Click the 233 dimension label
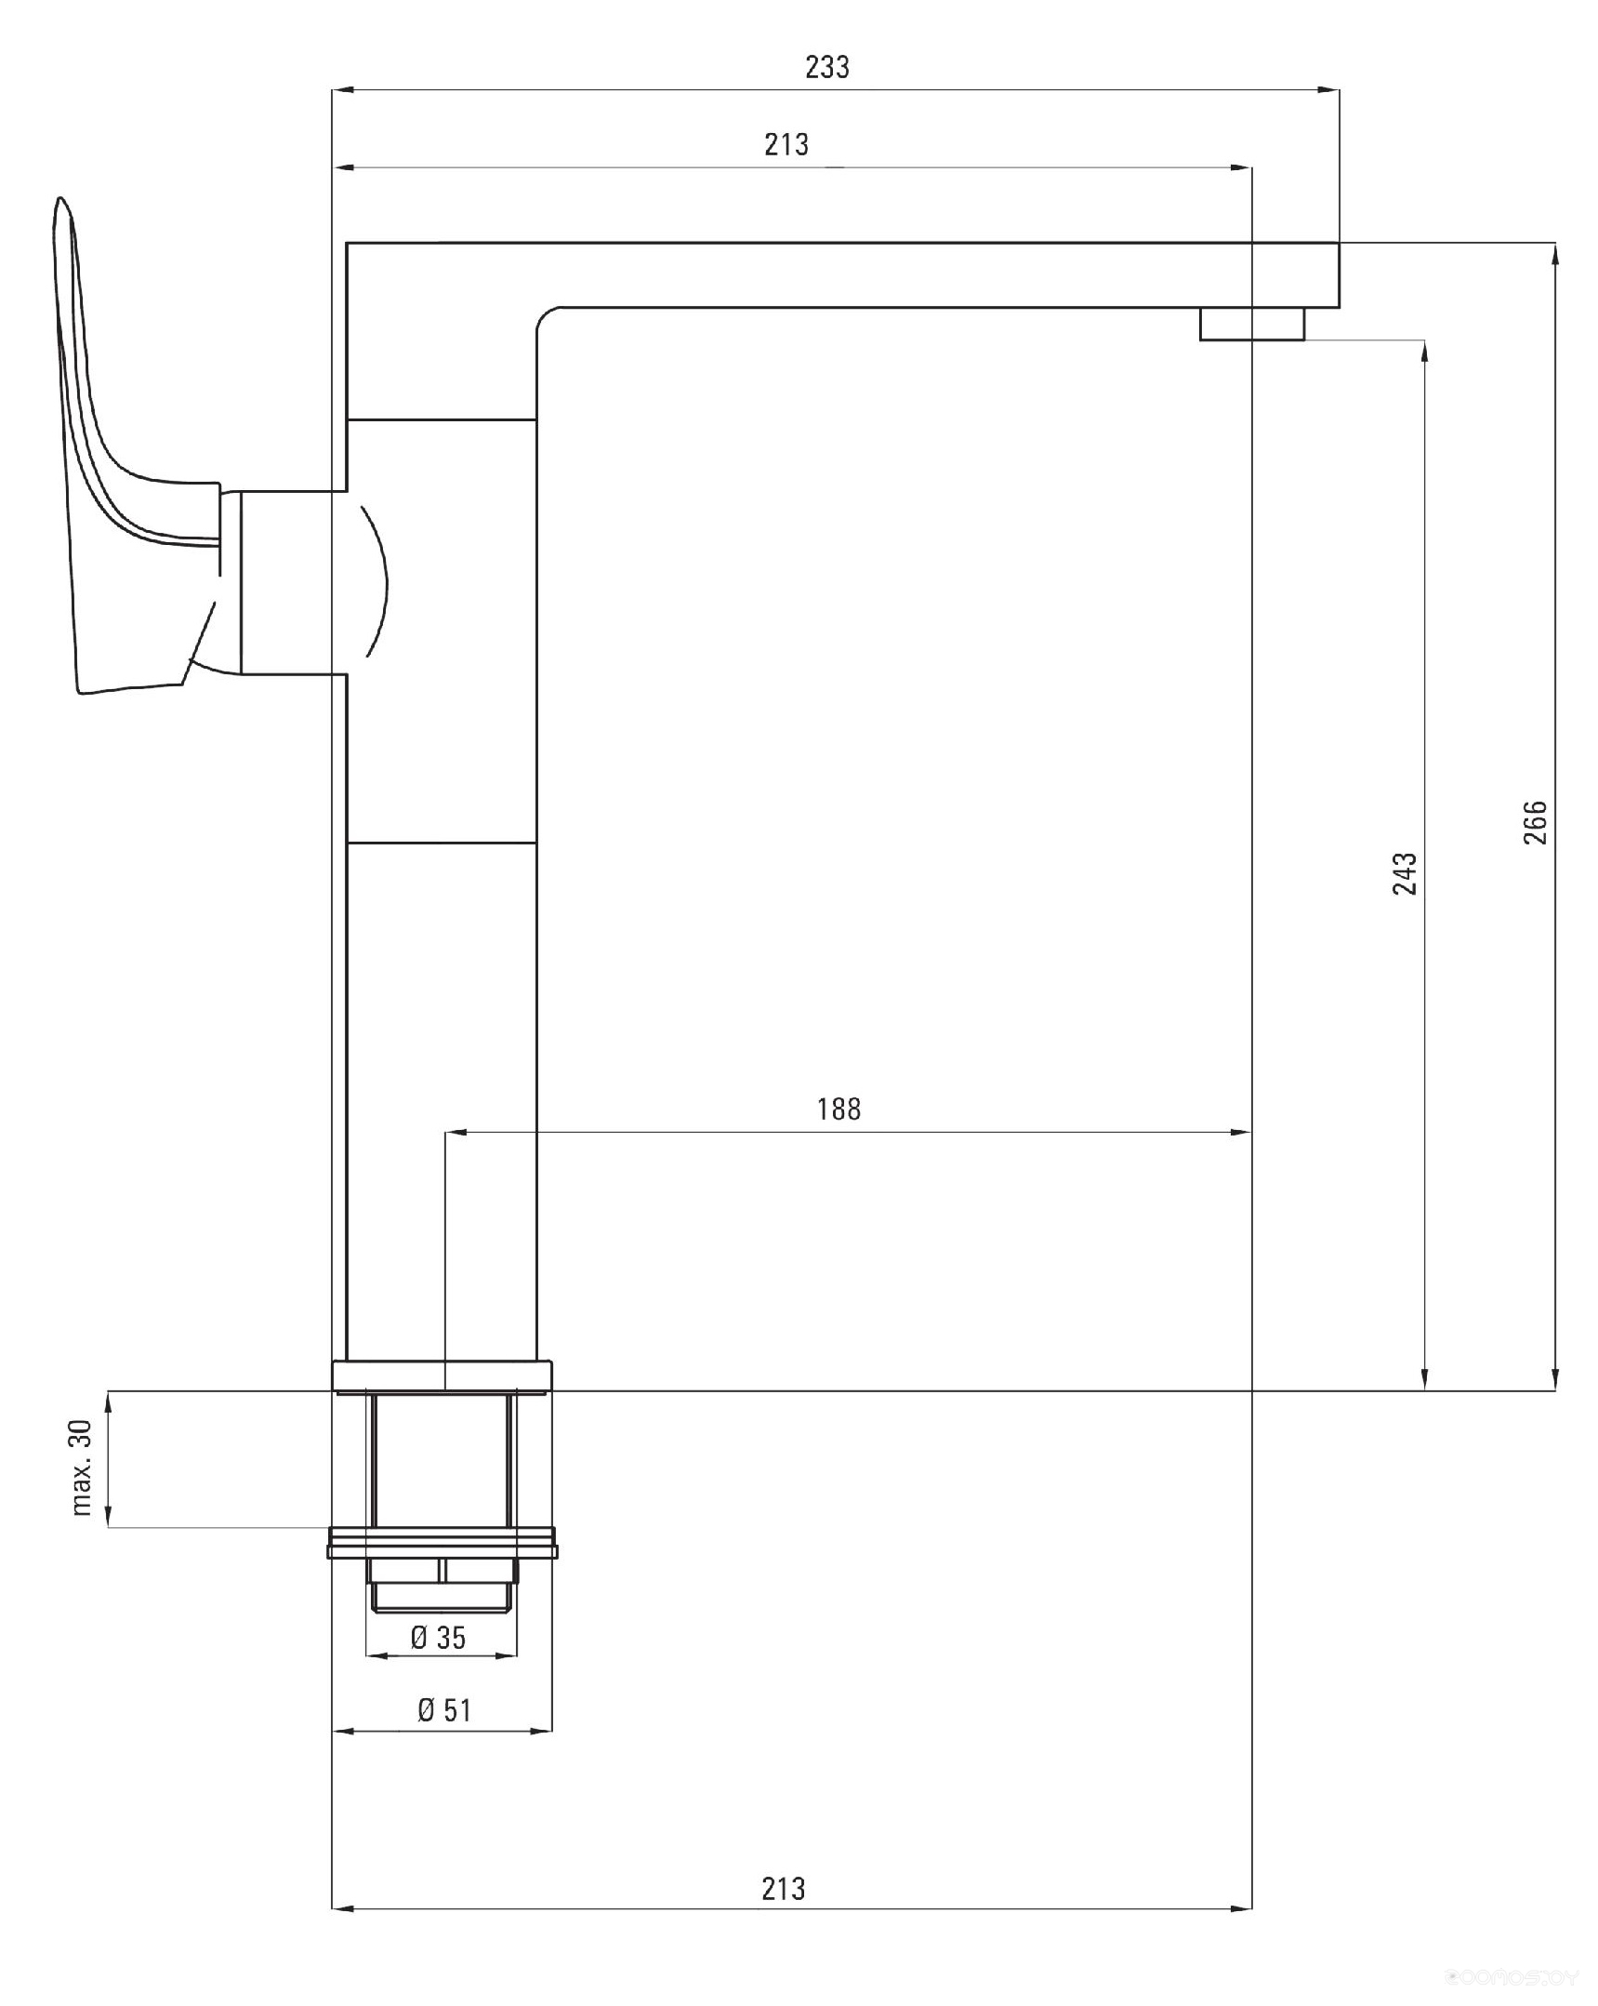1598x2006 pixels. coord(827,67)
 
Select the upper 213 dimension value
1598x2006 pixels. coord(786,144)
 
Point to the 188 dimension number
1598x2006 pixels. coord(839,1109)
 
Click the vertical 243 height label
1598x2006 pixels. coord(1405,873)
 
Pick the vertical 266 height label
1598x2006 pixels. coord(1535,821)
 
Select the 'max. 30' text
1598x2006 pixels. coord(82,1468)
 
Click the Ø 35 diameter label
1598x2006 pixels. coord(438,1637)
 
